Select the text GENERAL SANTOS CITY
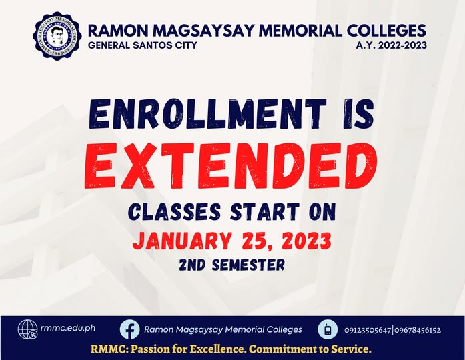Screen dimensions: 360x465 pyautogui.click(x=142, y=46)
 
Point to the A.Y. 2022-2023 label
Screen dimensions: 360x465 pyautogui.click(x=392, y=46)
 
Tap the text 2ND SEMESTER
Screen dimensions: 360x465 pyautogui.click(x=231, y=265)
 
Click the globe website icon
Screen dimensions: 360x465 pyautogui.click(x=28, y=329)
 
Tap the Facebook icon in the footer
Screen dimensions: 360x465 pyautogui.click(x=129, y=329)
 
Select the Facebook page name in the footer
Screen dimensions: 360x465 pyautogui.click(x=223, y=329)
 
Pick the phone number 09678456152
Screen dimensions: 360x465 pyautogui.click(x=418, y=330)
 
